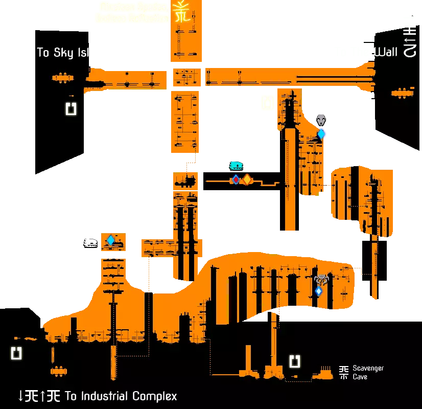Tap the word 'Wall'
point(386,52)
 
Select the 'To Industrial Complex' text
point(121,396)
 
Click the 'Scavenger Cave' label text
point(368,373)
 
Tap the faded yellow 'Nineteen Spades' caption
point(133,7)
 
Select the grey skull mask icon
point(321,120)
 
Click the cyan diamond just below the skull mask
point(321,134)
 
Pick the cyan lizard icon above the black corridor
point(236,165)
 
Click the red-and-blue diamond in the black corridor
point(236,179)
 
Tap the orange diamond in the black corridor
point(247,179)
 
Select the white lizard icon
point(90,243)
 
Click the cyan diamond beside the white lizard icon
point(110,240)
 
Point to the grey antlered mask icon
point(321,280)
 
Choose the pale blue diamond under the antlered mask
point(319,291)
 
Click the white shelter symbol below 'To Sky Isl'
point(71,108)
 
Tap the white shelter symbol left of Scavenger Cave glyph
point(295,362)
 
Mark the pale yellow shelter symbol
point(267,102)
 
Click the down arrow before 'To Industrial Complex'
point(21,396)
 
